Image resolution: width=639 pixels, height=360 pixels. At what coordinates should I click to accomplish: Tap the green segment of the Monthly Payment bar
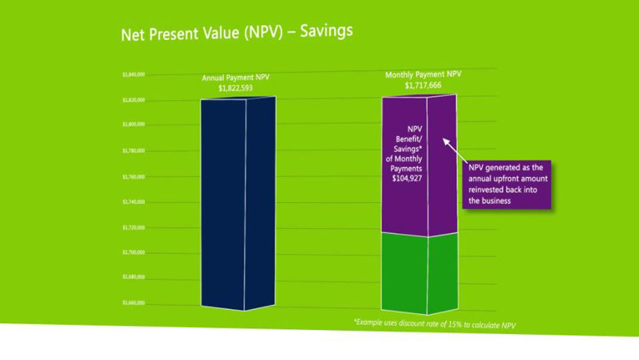(420, 272)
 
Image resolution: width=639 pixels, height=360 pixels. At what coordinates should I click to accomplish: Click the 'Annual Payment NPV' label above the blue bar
(235, 78)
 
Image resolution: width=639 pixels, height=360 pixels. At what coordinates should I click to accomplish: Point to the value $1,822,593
(235, 88)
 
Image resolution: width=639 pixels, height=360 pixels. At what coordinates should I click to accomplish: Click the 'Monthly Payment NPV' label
(424, 75)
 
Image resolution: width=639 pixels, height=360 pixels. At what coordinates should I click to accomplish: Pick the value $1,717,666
(424, 86)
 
